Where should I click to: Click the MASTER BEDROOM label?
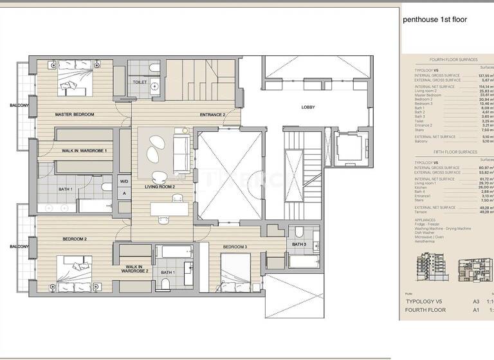coord(75,114)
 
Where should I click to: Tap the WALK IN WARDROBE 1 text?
coord(84,150)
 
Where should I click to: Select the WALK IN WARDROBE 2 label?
coord(137,269)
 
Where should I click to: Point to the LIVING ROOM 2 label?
coord(160,187)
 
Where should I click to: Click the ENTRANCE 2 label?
coord(212,114)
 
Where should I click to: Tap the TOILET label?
coord(140,83)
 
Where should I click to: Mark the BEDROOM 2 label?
coord(75,239)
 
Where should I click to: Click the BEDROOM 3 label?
coord(235,247)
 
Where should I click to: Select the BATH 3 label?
coord(299,244)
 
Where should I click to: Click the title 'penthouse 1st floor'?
coord(435,20)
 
